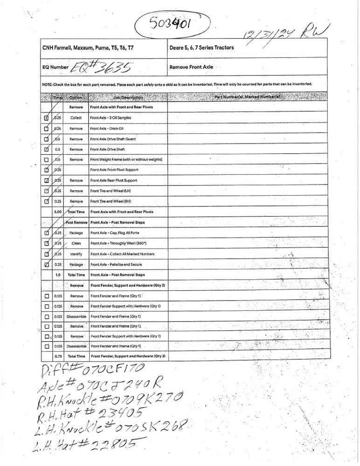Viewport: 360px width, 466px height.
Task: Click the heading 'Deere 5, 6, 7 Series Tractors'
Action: click(201, 48)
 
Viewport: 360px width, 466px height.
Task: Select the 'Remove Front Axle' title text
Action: click(191, 67)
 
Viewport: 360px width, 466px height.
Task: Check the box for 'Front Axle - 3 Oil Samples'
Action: click(46, 118)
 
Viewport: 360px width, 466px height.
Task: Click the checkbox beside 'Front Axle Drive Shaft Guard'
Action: click(46, 139)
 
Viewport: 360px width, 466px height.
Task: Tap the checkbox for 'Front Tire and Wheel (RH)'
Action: click(46, 201)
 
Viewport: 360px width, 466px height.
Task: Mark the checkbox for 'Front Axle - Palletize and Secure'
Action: click(46, 265)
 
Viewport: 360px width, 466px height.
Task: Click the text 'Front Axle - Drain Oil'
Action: click(106, 129)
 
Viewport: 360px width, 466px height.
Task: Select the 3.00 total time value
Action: click(58, 212)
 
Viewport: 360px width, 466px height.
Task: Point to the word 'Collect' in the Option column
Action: click(76, 118)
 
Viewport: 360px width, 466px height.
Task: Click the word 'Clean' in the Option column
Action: click(76, 244)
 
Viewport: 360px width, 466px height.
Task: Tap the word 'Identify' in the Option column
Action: click(76, 254)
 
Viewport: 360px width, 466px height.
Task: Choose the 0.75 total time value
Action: click(58, 356)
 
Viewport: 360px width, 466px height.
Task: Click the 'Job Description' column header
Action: click(128, 97)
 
